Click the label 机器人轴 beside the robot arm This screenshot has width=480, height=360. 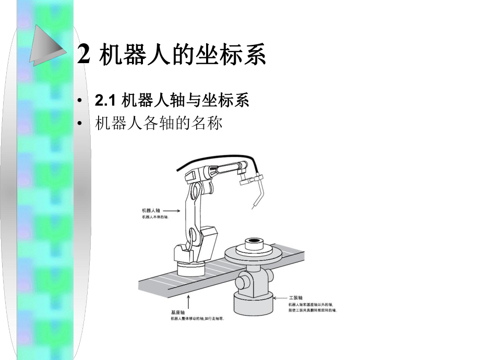150,210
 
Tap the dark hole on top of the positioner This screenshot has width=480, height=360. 255,241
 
